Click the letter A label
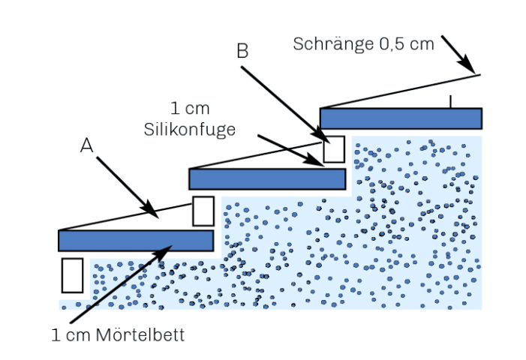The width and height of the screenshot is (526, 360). (86, 145)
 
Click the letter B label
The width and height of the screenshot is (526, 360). (242, 51)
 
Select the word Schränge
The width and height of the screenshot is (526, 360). (333, 44)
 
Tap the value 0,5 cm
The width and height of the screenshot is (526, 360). (407, 44)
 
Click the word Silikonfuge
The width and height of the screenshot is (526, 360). (190, 130)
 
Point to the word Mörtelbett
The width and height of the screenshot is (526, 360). (140, 334)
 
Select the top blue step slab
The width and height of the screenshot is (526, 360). (401, 118)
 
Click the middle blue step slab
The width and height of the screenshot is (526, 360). (267, 179)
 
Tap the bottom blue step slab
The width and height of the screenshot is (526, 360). (136, 240)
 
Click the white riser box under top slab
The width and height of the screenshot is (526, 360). (334, 149)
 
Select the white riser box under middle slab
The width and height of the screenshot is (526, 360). (203, 211)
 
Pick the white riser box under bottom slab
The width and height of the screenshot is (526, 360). (72, 275)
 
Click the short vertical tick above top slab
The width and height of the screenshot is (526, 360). (450, 101)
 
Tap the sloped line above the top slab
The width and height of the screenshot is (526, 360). (400, 91)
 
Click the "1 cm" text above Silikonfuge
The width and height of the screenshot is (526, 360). (190, 108)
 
